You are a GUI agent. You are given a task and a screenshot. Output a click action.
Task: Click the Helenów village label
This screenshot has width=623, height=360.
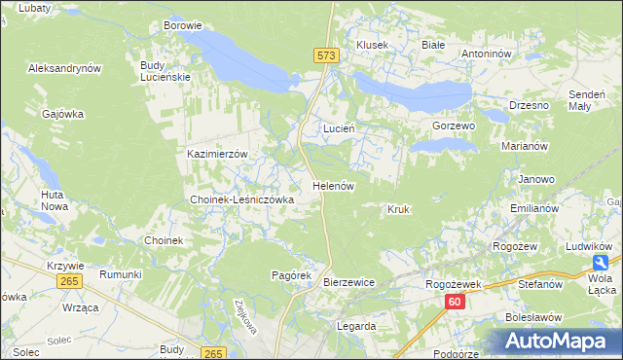[333, 185]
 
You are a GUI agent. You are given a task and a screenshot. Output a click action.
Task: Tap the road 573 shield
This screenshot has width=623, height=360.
[327, 56]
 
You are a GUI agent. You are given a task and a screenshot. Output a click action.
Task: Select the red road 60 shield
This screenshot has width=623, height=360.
[454, 303]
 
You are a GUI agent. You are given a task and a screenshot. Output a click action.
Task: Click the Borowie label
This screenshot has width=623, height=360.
[183, 25]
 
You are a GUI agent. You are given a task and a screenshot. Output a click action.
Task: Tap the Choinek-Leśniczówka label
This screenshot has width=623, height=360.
[241, 199]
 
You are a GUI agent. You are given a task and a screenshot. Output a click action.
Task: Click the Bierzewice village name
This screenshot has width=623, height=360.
[348, 282]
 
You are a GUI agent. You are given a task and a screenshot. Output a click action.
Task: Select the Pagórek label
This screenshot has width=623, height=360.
[290, 275]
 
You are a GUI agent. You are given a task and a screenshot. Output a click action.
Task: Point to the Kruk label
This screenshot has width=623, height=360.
[397, 209]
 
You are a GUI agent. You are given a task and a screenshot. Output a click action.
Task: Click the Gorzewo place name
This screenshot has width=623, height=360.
[453, 126]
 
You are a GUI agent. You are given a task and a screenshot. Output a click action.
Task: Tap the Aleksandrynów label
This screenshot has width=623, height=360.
[65, 69]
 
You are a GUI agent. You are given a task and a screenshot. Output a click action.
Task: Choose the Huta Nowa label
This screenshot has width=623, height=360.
[54, 200]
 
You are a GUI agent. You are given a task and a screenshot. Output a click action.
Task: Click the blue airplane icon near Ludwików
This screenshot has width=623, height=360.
[603, 264]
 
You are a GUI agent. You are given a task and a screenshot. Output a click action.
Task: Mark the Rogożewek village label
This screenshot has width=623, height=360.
[455, 284]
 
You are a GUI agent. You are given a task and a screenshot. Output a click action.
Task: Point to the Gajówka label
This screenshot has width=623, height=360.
[63, 114]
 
